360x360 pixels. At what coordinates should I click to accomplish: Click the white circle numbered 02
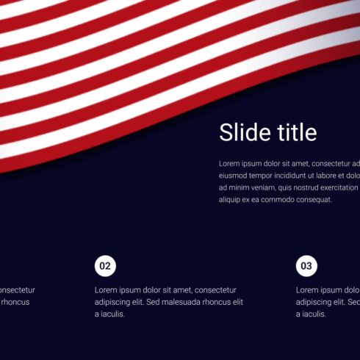tap(105, 266)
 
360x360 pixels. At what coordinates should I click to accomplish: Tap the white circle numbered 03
tap(306, 266)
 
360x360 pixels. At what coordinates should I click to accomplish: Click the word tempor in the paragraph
tap(267, 176)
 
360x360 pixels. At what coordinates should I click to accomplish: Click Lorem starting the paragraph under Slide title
tap(230, 164)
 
